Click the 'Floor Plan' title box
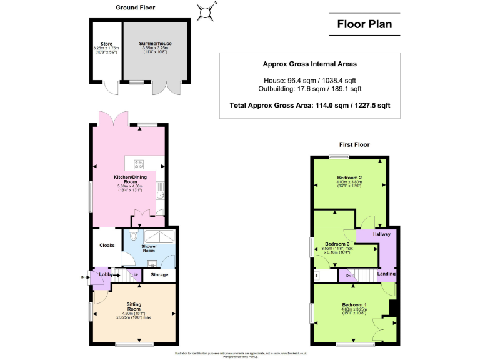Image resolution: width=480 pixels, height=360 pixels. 365,25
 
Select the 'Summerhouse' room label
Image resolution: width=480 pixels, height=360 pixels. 155,44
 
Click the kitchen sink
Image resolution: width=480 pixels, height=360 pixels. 161,187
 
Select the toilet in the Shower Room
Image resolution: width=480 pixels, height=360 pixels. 134,236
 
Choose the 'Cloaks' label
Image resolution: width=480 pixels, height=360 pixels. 107,246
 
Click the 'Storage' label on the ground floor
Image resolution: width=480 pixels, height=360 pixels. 159,274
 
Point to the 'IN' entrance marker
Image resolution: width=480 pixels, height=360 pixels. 83,277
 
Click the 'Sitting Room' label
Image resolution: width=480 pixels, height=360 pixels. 134,306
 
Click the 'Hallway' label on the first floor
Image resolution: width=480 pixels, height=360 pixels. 382,234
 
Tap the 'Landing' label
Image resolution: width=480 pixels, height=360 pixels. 386,274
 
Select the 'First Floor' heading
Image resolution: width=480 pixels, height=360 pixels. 354,144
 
